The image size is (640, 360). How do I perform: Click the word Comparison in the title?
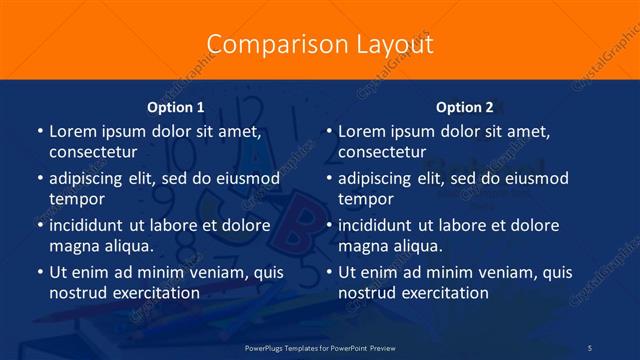(x=261, y=45)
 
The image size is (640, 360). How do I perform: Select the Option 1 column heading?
(x=176, y=107)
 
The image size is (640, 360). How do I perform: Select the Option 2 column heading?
(x=465, y=107)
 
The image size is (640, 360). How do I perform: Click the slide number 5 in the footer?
(x=590, y=347)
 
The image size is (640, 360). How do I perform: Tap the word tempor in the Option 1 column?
(x=77, y=198)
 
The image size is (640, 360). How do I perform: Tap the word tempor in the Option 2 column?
(x=366, y=198)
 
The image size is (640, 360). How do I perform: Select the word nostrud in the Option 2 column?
(x=367, y=292)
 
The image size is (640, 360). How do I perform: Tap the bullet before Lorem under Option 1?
(x=39, y=132)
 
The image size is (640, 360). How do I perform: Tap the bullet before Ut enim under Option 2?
(x=328, y=272)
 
